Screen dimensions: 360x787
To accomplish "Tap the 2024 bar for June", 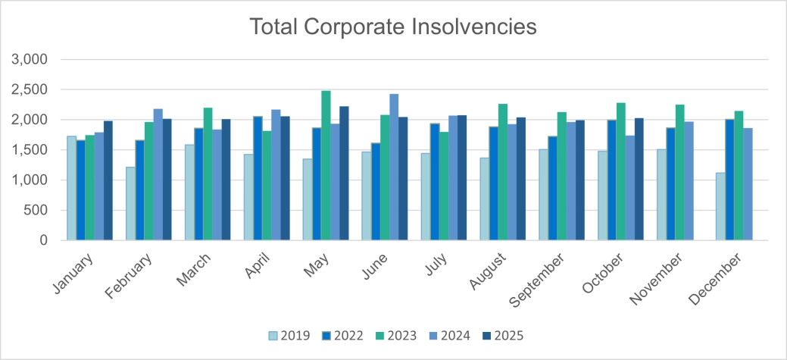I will pos(394,167).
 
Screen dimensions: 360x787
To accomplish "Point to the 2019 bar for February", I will pos(131,203).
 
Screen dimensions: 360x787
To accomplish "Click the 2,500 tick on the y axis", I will pos(31,89).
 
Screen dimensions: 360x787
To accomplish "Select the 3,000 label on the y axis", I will pos(31,59).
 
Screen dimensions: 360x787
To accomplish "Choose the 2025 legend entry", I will pos(501,335).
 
